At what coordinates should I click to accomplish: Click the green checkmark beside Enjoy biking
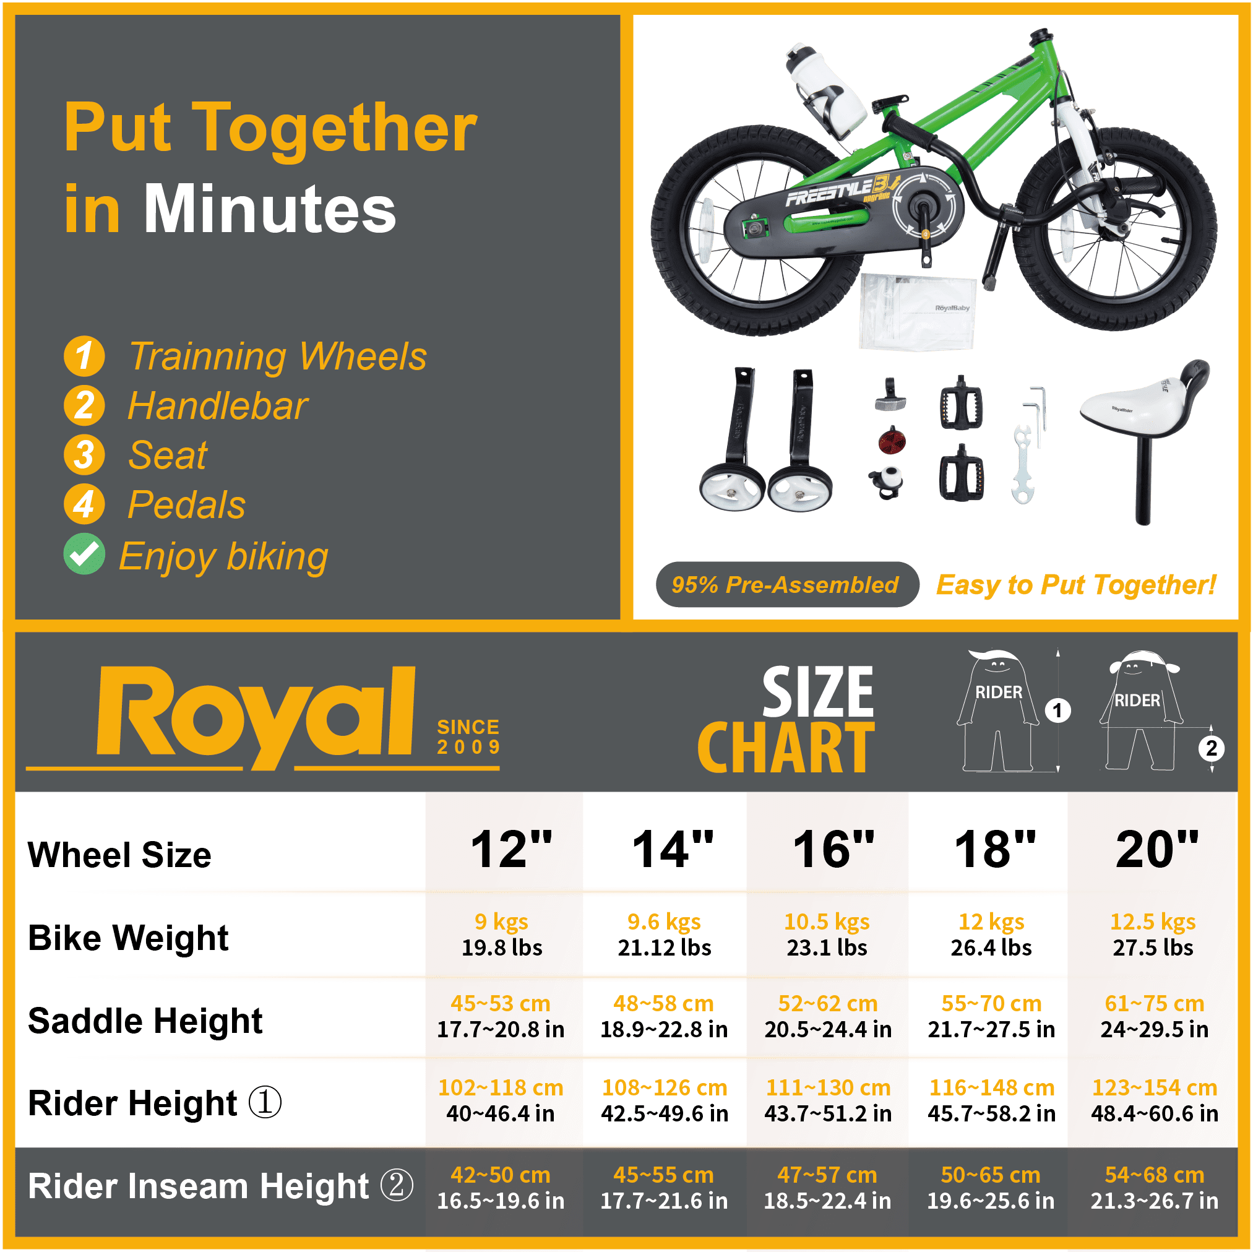84,554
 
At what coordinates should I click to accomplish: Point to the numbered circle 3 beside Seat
84,455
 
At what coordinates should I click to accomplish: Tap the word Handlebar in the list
217,406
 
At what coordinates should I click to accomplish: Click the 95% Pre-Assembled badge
785,584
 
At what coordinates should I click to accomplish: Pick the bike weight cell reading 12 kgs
991,934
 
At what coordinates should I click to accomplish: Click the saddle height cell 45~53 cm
501,1016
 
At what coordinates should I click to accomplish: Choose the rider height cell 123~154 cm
1155,1100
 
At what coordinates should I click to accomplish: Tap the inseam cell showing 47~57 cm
827,1187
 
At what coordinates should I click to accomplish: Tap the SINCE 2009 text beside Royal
468,736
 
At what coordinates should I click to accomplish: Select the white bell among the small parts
888,481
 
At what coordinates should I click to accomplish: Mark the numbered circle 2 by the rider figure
1211,749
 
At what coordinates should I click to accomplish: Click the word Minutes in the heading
269,209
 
